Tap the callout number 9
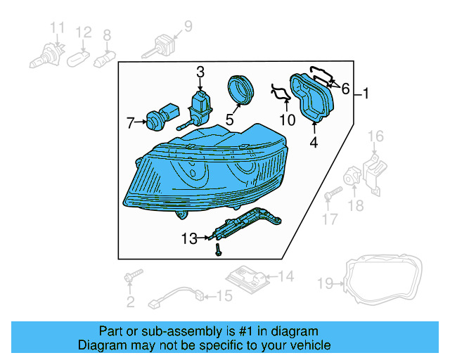(188, 27)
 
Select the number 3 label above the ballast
(200, 72)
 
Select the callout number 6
(345, 88)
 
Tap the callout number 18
(356, 205)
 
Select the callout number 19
(324, 284)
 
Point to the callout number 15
(224, 296)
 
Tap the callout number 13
(189, 239)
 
